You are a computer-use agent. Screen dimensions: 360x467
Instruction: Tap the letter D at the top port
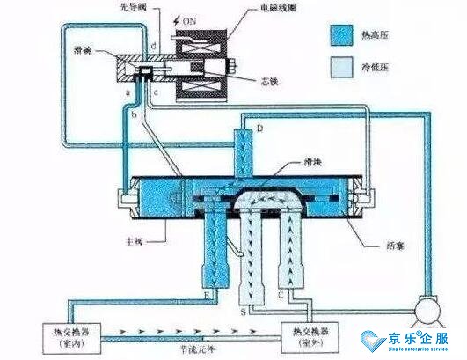pyautogui.click(x=260, y=130)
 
